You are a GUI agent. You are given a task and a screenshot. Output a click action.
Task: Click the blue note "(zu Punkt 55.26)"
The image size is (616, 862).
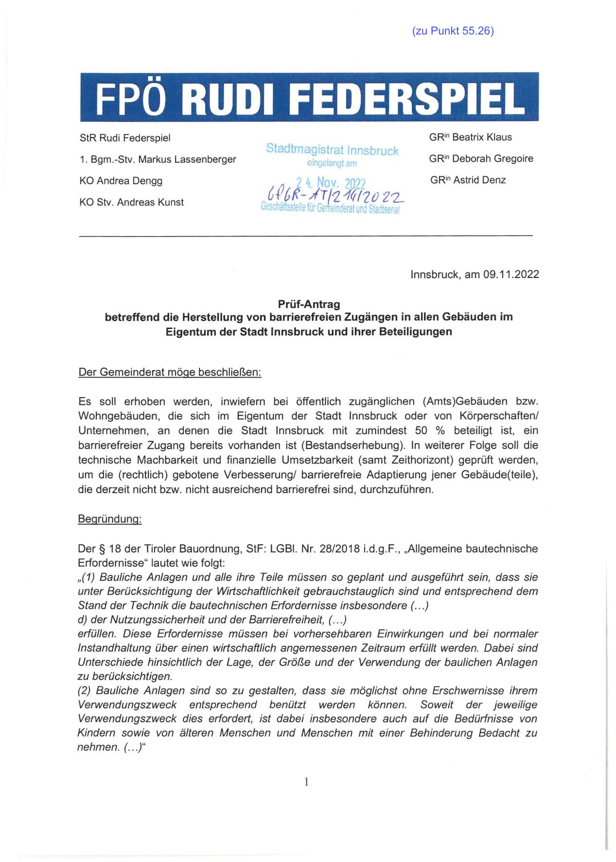453,31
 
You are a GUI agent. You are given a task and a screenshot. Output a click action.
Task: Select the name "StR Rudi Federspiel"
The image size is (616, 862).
125,138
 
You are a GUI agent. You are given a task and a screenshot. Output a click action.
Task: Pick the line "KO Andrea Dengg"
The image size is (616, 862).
121,181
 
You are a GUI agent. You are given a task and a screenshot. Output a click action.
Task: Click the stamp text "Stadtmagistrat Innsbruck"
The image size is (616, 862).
332,150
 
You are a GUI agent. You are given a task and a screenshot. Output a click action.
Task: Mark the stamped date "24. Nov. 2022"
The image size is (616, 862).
331,183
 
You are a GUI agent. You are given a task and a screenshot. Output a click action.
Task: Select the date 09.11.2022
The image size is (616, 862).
511,274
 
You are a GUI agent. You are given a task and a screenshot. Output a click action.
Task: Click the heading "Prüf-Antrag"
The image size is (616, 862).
309,304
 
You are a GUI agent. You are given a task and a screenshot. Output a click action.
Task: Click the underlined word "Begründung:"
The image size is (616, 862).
109,519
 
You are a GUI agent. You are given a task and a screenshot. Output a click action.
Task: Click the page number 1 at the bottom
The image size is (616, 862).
306,781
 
